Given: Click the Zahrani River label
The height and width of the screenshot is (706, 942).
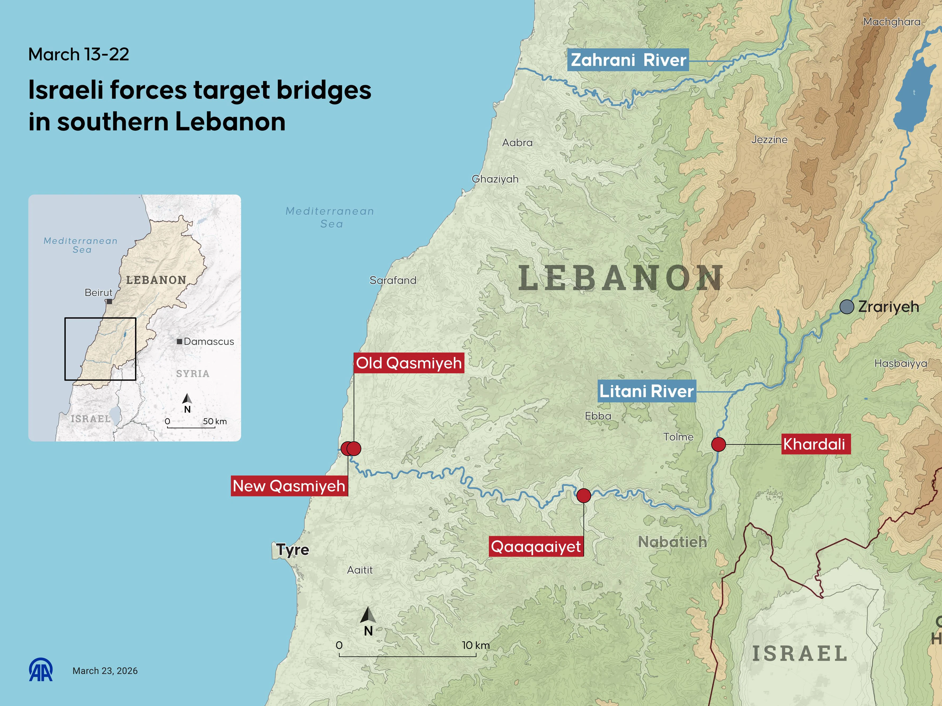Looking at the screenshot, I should [x=628, y=60].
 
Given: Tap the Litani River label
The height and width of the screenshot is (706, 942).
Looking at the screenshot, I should [x=646, y=391].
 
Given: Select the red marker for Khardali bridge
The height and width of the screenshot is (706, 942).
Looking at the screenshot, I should [x=718, y=444].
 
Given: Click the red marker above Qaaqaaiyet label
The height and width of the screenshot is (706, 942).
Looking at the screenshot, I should [x=583, y=495].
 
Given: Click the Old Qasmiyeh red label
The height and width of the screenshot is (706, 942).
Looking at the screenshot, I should [x=409, y=363].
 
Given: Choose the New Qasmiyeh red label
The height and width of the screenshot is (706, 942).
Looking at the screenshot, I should [x=289, y=485].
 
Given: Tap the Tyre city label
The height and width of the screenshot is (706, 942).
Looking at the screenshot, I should [x=292, y=549].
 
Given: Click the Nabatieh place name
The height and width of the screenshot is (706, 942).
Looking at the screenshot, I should [x=672, y=542].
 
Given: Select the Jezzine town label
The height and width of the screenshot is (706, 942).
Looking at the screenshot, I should [x=769, y=140].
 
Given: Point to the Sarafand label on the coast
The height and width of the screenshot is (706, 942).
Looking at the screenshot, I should [x=393, y=280].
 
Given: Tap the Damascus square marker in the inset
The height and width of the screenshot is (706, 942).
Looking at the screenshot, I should [x=180, y=341].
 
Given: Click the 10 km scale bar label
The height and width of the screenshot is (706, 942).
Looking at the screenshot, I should [x=476, y=645].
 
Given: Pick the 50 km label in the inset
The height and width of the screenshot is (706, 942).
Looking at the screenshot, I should [x=215, y=421].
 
